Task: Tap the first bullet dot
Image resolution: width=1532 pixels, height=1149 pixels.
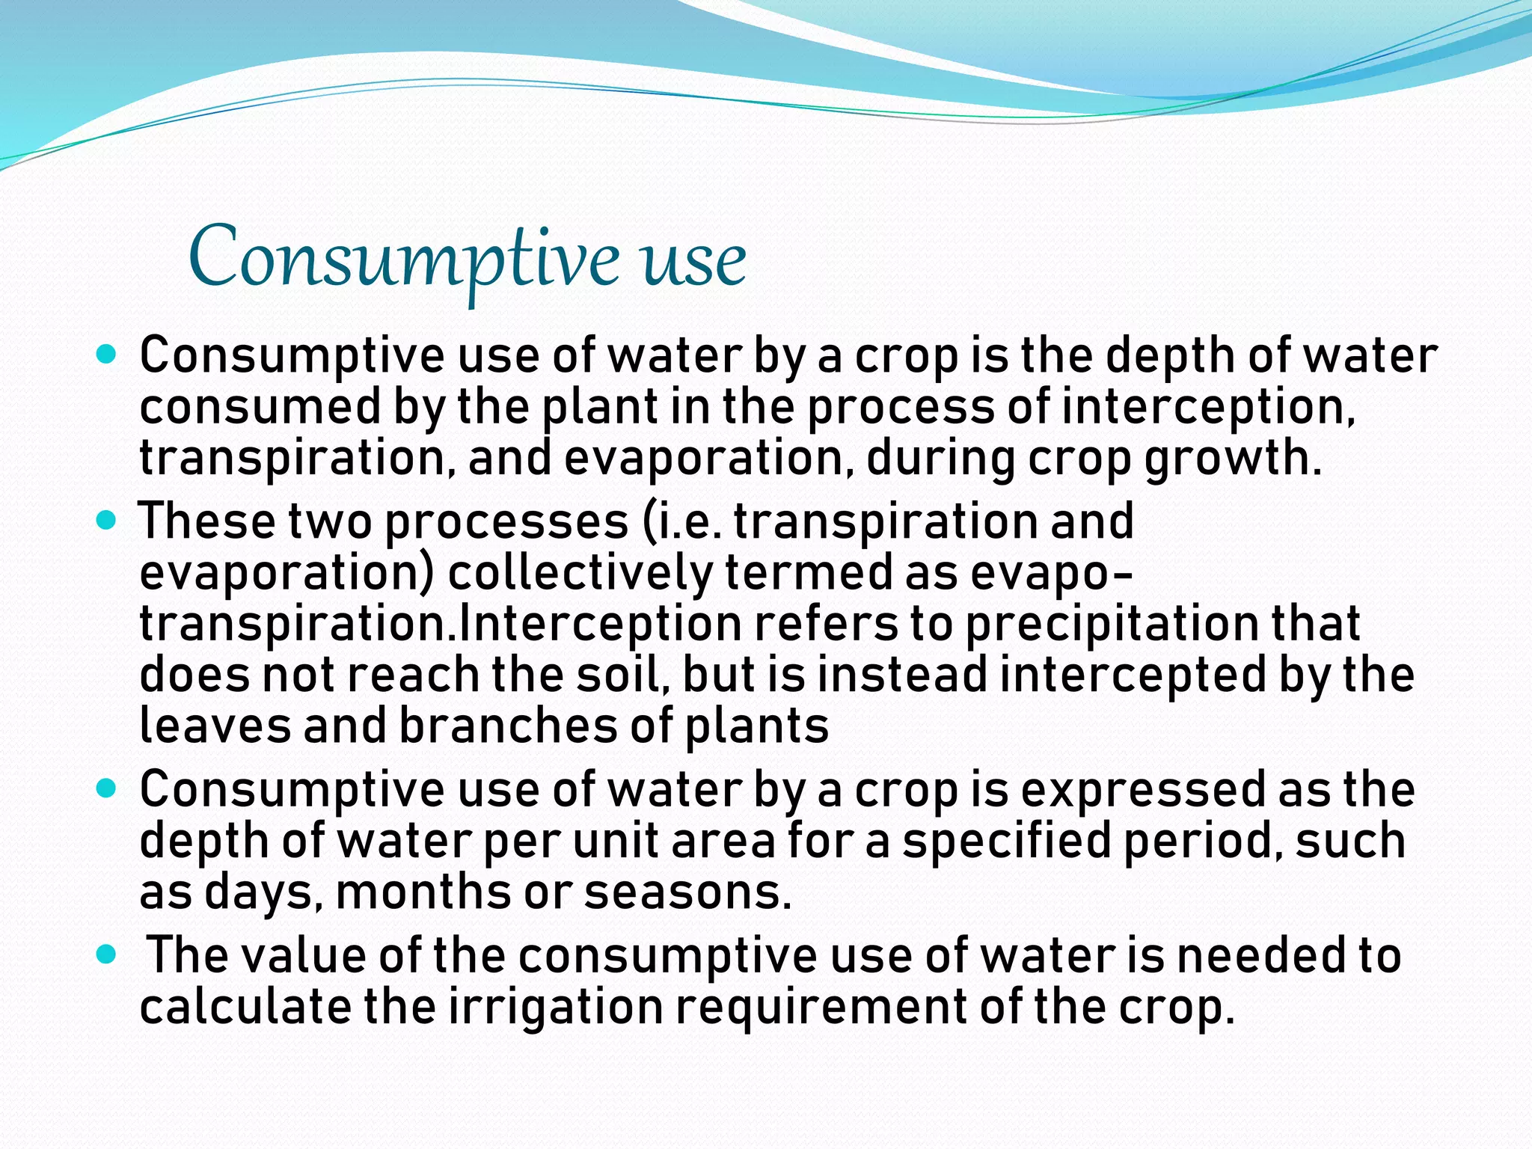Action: click(x=107, y=354)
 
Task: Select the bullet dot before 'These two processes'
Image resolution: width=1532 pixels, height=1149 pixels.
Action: click(x=107, y=519)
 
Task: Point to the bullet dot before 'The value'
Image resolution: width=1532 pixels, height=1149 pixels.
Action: click(x=107, y=954)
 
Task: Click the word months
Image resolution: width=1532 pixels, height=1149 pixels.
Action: click(x=423, y=892)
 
